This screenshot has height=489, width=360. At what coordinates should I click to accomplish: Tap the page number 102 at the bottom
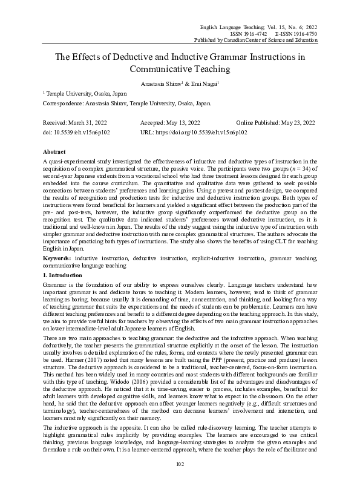click(x=180, y=481)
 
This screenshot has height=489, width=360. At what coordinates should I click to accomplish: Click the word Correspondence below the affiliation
click(x=62, y=103)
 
